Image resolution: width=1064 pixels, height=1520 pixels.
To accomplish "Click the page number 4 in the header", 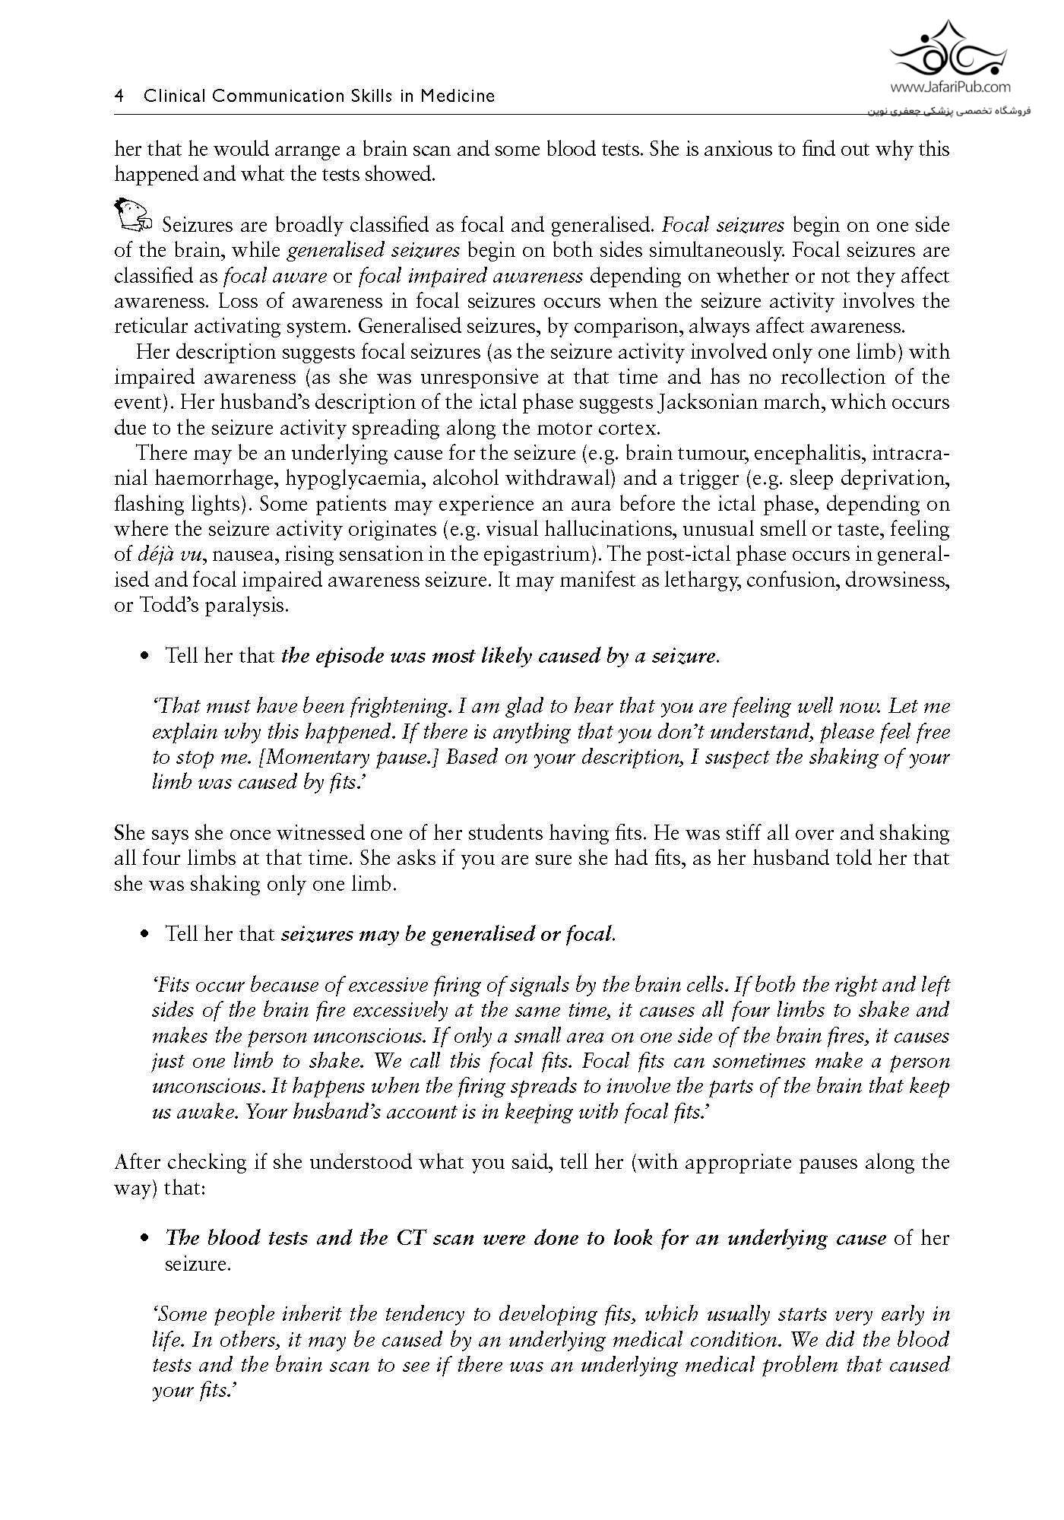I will tap(119, 97).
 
